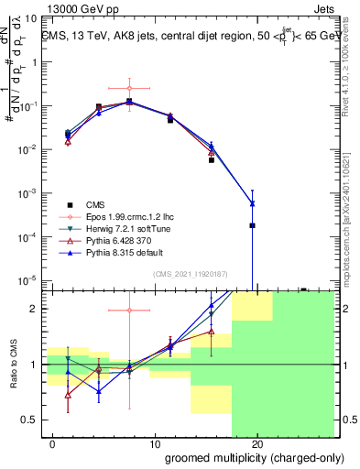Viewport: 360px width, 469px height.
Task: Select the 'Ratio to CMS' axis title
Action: click(13, 365)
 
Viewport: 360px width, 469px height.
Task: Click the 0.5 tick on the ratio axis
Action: click(30, 420)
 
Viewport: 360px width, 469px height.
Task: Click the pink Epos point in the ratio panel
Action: click(129, 311)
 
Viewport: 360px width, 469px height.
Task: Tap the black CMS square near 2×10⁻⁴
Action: click(252, 225)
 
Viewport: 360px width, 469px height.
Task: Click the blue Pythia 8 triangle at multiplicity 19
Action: click(252, 203)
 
